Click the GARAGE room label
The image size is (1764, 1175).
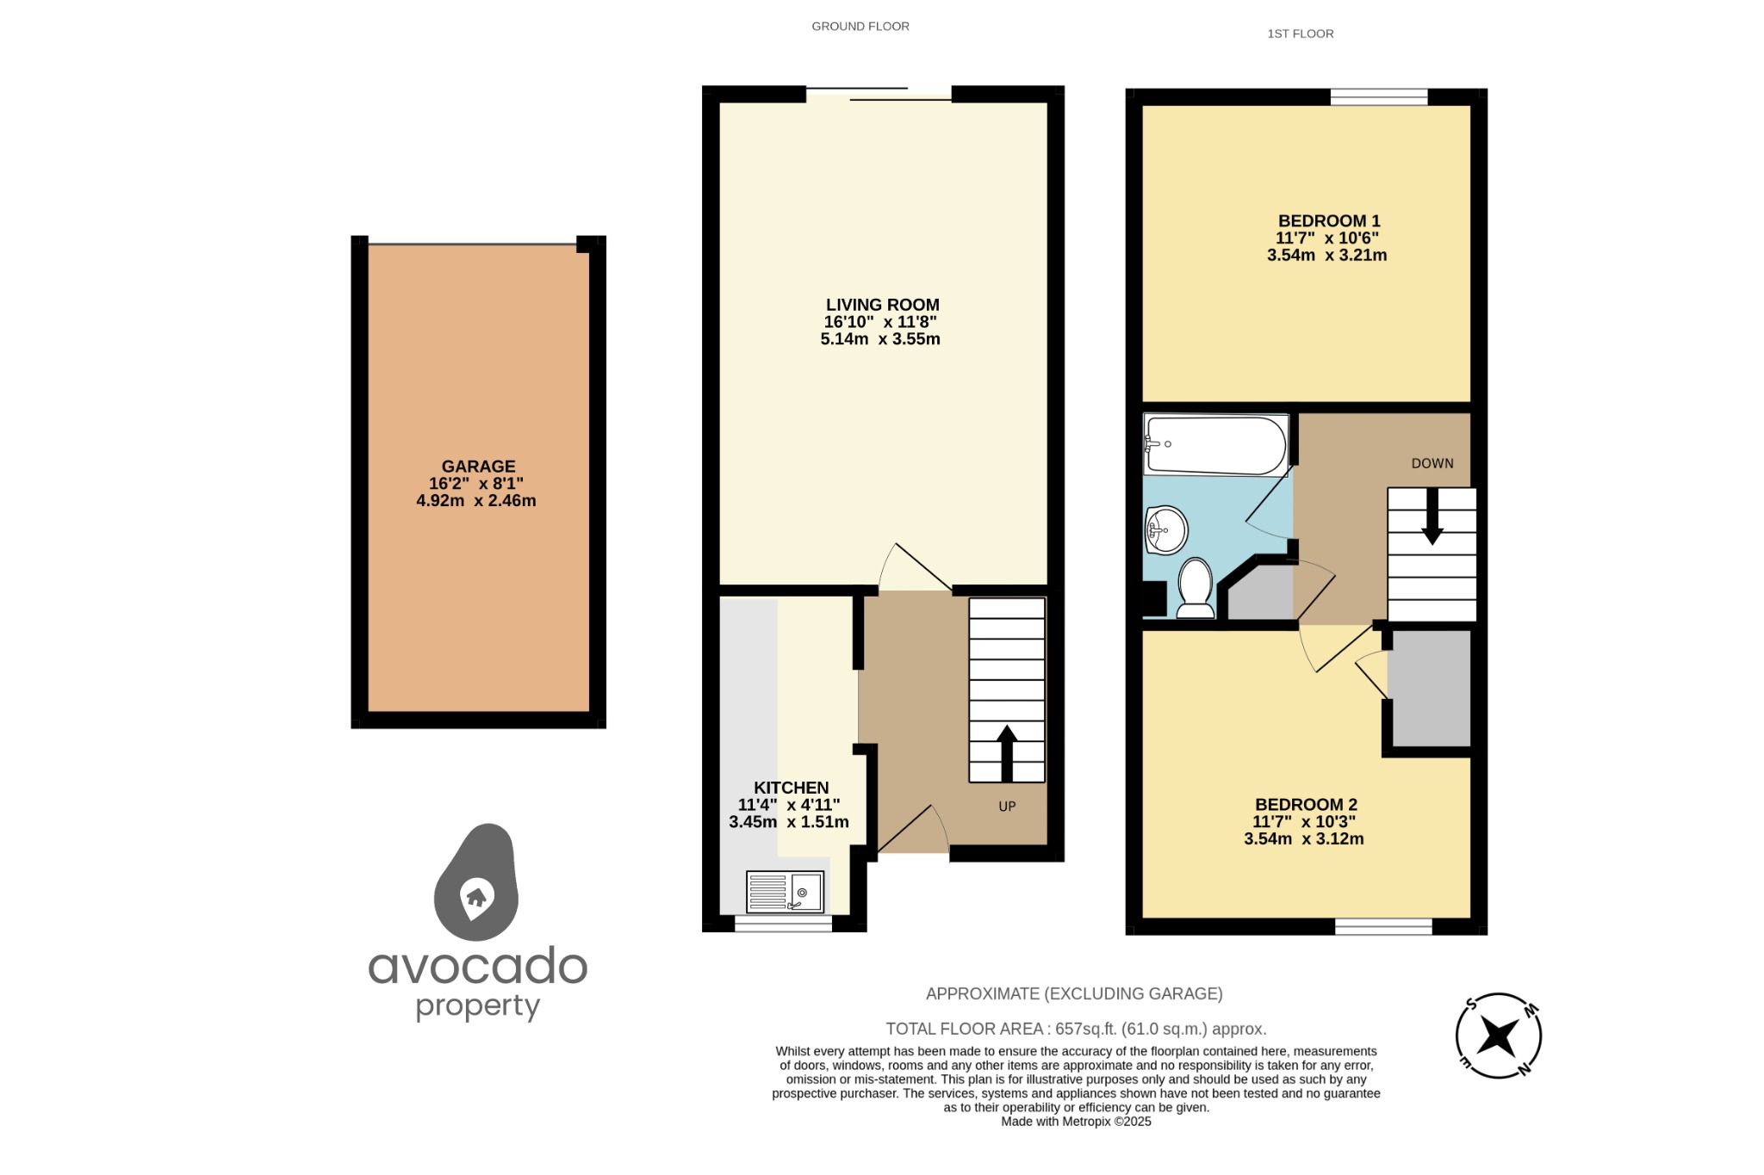478,467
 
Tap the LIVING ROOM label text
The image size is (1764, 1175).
882,305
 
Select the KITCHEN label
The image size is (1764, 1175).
791,788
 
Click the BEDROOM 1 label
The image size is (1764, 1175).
1328,221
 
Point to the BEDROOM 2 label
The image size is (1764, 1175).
1306,805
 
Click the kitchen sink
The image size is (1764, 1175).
785,892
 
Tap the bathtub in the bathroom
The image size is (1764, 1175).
1215,445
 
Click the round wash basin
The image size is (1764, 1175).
1166,530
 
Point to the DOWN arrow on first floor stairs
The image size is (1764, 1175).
1432,516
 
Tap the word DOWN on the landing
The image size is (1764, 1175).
1432,463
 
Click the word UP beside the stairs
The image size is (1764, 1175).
1007,807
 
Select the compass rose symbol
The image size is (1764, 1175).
1498,1036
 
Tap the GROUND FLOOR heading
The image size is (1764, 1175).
860,27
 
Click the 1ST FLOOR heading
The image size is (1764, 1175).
1300,34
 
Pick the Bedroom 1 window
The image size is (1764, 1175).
1378,96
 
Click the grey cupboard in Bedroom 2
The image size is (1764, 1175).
1431,688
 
